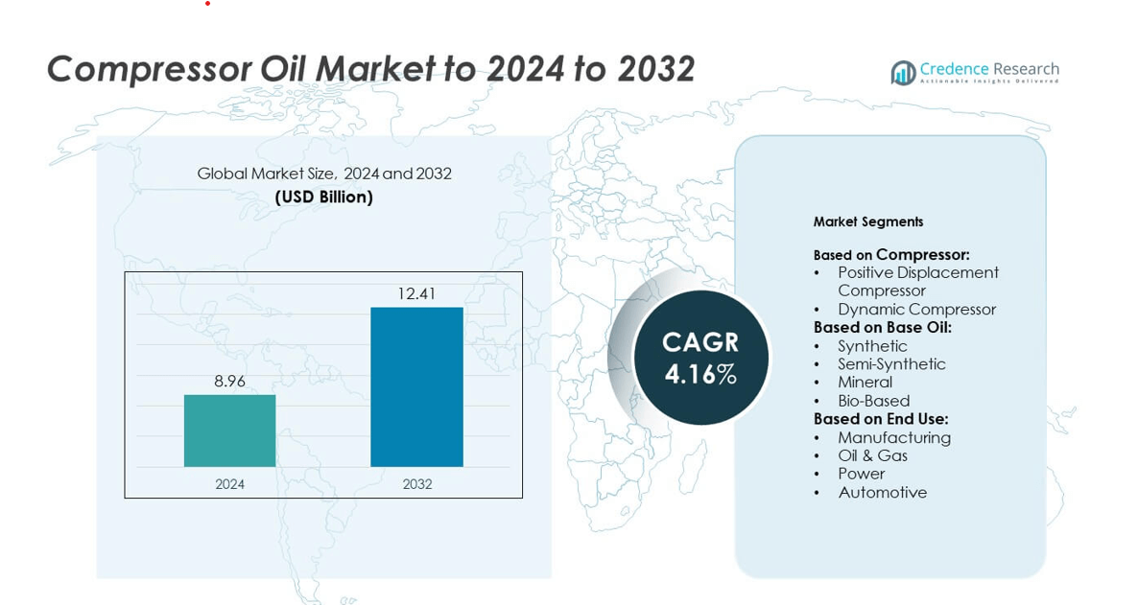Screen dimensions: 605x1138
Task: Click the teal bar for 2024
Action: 229,430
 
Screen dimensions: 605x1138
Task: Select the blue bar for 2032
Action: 416,386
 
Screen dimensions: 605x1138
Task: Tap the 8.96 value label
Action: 229,382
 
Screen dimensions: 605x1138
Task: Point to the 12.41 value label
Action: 416,293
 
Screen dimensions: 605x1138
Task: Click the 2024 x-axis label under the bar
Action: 229,484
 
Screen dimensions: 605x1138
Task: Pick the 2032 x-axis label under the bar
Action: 416,484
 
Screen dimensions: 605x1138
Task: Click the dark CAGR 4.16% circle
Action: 700,358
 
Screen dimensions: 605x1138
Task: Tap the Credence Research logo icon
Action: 903,73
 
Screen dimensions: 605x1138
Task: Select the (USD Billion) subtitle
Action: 323,197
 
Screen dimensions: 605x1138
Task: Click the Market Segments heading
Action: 867,221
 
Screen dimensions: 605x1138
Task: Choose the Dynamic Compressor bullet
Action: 916,309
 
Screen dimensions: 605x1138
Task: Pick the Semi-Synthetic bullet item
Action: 891,363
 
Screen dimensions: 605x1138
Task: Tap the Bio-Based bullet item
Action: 873,401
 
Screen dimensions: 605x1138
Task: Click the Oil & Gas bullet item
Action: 872,455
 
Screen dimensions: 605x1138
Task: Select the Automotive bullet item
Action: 882,492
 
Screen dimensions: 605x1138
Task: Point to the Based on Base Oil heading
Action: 882,327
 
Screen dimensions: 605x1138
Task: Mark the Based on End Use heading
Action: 880,419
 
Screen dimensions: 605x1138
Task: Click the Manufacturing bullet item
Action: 893,437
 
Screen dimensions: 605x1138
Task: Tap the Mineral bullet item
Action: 865,382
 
